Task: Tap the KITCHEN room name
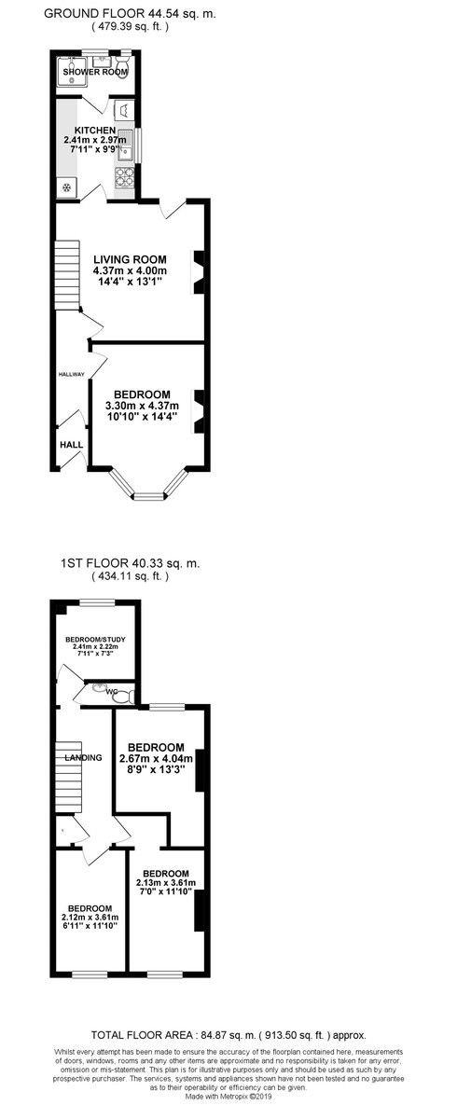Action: [x=95, y=131]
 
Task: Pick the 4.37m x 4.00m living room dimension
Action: [x=130, y=270]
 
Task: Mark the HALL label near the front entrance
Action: [x=71, y=446]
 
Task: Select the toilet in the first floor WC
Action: [x=127, y=695]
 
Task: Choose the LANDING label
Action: [x=83, y=758]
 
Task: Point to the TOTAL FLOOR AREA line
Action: [x=228, y=1035]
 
